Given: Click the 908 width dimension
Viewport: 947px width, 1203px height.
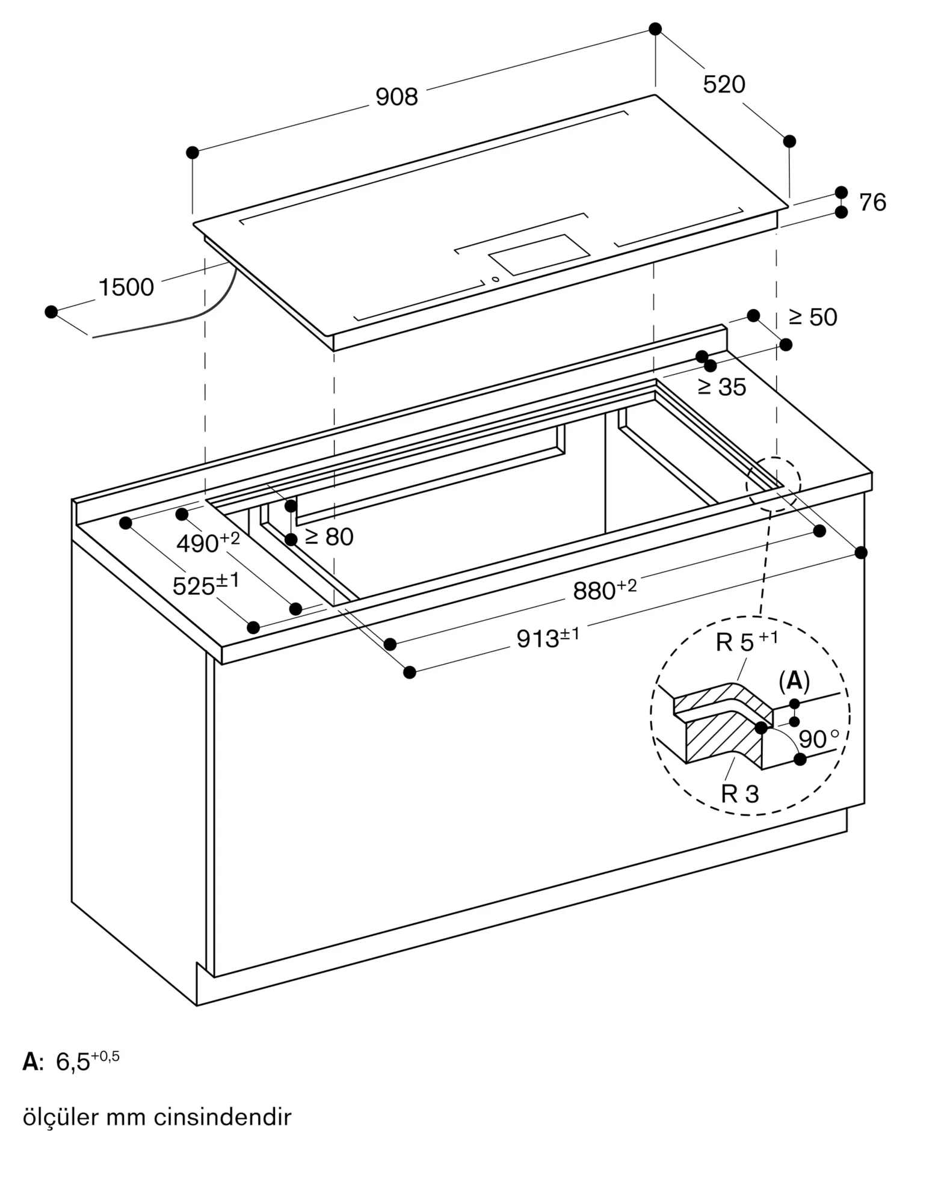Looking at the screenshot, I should click(396, 97).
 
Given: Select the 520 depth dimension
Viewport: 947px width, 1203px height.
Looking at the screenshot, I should click(724, 85).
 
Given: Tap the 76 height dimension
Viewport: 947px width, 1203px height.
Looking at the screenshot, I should click(872, 203).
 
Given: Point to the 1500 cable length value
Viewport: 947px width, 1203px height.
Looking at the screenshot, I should click(126, 288).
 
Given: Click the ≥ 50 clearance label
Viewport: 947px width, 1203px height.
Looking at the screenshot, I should click(813, 318).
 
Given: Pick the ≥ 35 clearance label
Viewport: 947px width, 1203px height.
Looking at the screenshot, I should click(722, 387).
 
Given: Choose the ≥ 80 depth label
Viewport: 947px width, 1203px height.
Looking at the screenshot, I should click(329, 537).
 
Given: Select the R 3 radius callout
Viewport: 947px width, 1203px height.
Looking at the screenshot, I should click(740, 794).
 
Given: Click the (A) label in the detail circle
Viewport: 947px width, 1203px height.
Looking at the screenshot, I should click(794, 681).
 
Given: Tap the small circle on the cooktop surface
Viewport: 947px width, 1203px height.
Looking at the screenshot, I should click(495, 278).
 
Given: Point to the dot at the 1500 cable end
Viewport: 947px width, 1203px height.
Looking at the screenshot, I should click(51, 312).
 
